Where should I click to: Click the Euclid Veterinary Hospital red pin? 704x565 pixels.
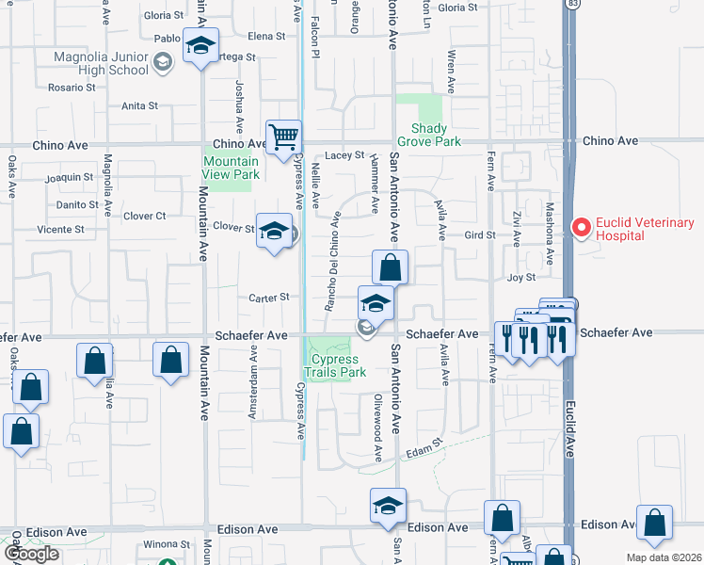(581, 227)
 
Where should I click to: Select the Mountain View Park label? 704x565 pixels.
(232, 168)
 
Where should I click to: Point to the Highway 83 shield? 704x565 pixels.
(573, 5)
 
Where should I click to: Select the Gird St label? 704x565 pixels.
(480, 235)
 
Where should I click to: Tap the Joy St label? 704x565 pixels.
(520, 278)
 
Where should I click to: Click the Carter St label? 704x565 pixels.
(268, 298)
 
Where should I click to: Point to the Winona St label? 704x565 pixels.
(167, 544)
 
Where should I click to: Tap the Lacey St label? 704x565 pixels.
(344, 155)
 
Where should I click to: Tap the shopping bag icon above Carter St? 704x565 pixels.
(390, 266)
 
